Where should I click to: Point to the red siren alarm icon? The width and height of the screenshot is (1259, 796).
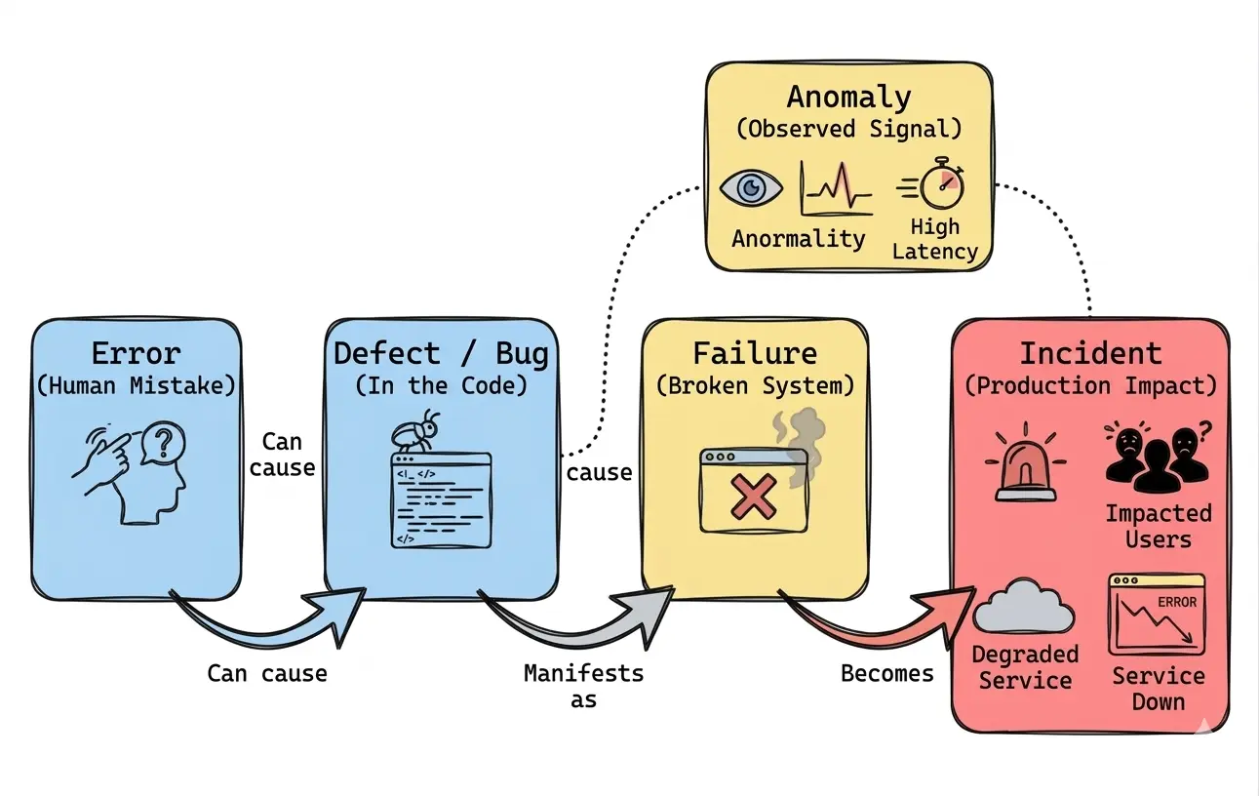pyautogui.click(x=1025, y=464)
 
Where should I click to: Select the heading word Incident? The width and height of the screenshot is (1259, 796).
pyautogui.click(x=1090, y=353)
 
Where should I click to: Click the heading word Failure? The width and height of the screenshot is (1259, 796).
pyautogui.click(x=755, y=352)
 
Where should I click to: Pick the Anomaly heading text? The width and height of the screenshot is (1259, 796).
pyautogui.click(x=848, y=97)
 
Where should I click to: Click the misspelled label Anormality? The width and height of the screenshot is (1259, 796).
pyautogui.click(x=799, y=239)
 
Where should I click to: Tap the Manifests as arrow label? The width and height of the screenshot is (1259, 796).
pyautogui.click(x=583, y=686)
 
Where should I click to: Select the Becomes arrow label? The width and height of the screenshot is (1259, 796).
pyautogui.click(x=886, y=673)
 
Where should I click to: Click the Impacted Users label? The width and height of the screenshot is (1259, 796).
pyautogui.click(x=1158, y=526)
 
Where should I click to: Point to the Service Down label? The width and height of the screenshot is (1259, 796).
pyautogui.click(x=1158, y=689)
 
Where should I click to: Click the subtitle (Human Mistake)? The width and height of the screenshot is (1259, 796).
pyautogui.click(x=136, y=385)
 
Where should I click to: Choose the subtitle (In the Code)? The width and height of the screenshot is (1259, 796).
pyautogui.click(x=441, y=385)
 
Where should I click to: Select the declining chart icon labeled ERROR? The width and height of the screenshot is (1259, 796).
pyautogui.click(x=1156, y=614)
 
